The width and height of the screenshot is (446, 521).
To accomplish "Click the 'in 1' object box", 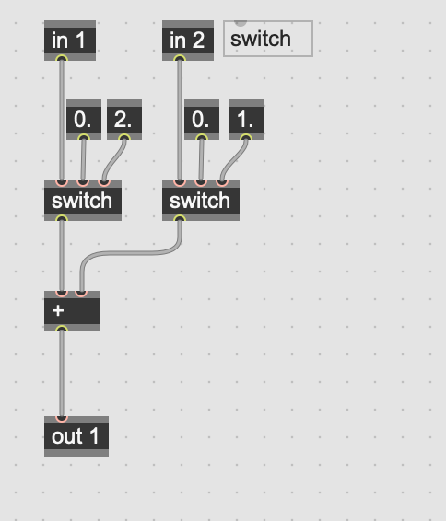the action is [x=70, y=41].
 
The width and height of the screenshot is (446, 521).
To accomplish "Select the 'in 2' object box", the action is [x=188, y=41].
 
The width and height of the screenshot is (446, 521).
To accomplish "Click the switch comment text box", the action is [x=268, y=39].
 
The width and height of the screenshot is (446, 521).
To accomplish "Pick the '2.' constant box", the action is [x=124, y=120].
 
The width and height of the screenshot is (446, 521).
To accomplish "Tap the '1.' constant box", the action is [x=246, y=120].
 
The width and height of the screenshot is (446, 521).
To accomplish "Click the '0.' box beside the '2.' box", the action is [x=84, y=120].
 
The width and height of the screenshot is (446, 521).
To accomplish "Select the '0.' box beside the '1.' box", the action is [x=202, y=120].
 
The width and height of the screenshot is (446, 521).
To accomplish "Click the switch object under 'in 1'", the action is [x=83, y=201].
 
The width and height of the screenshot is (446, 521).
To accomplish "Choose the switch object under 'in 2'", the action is [x=201, y=201].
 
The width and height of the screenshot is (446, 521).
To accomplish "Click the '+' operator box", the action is [x=72, y=311].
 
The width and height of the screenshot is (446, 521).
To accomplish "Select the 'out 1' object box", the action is [x=76, y=436].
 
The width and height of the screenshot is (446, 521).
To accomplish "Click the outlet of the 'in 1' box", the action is [x=62, y=59].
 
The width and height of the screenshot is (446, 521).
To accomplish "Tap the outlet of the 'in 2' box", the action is [x=180, y=59].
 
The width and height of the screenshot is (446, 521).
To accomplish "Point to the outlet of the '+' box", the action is [x=62, y=330].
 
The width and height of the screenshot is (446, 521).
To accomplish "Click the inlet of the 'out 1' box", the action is [x=62, y=418].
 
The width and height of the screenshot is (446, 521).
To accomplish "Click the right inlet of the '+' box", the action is [x=81, y=293].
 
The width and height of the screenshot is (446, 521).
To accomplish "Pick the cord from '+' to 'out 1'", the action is [x=62, y=374].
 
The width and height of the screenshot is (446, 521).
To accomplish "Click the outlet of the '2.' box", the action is [x=124, y=138].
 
